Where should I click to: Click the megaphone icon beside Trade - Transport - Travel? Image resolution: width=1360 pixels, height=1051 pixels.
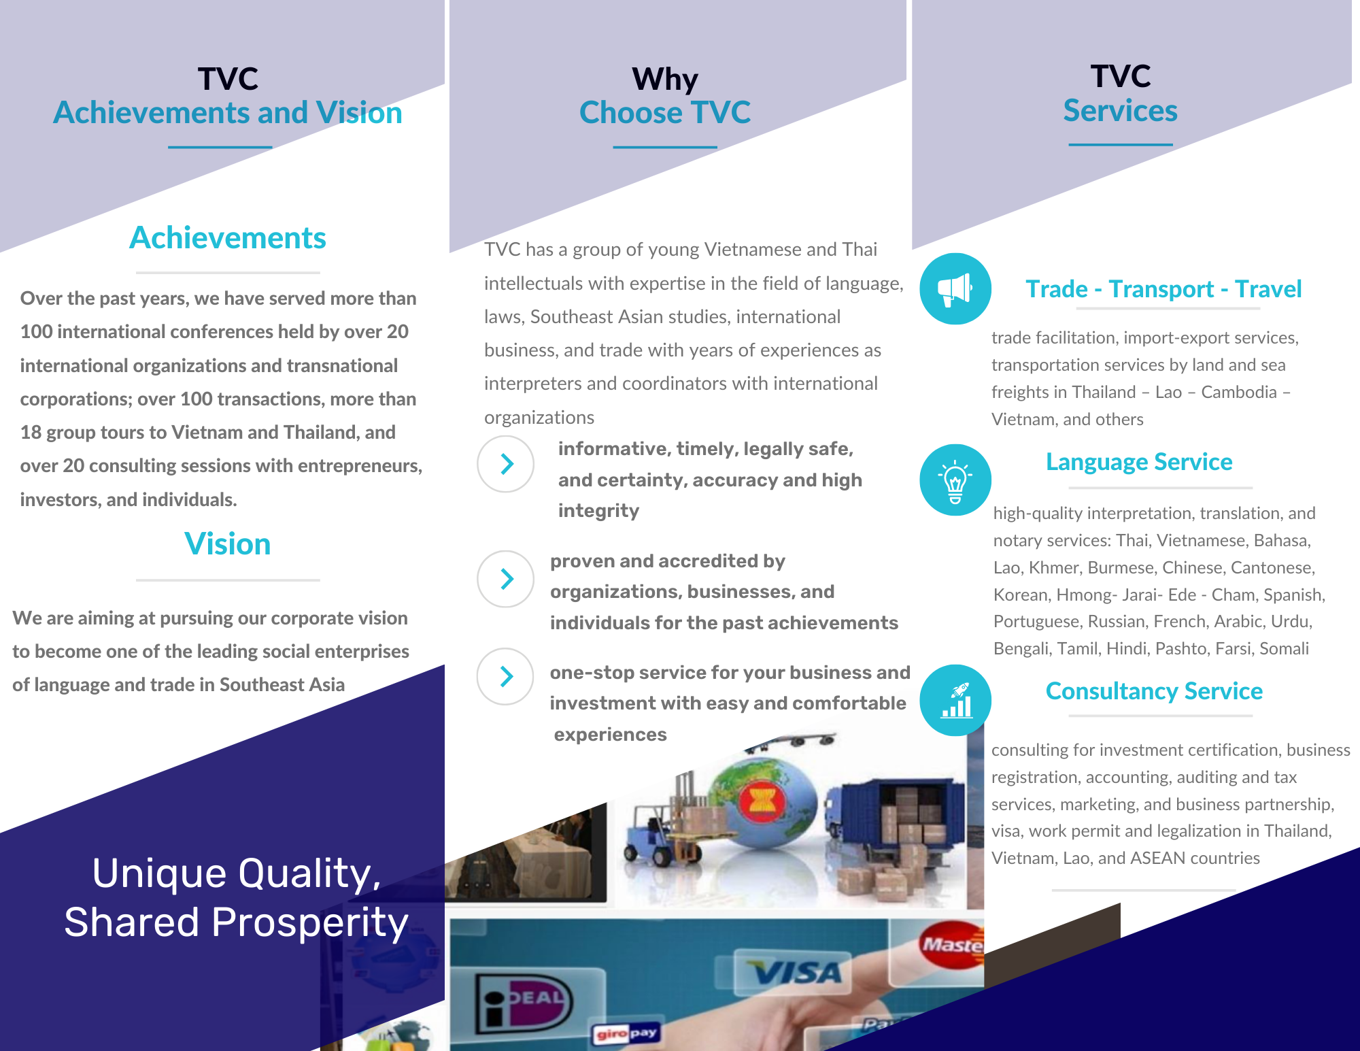pyautogui.click(x=955, y=288)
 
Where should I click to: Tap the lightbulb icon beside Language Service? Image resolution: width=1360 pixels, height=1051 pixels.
pyautogui.click(x=955, y=480)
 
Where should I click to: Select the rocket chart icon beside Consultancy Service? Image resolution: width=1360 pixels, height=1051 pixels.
pyautogui.click(x=955, y=700)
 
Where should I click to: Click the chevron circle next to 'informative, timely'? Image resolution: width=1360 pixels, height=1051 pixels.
pyautogui.click(x=506, y=464)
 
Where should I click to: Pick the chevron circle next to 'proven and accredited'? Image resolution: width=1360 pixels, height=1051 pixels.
pyautogui.click(x=506, y=579)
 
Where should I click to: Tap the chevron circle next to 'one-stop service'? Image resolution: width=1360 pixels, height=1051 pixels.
pyautogui.click(x=506, y=676)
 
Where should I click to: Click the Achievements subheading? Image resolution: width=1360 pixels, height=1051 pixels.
pyautogui.click(x=228, y=238)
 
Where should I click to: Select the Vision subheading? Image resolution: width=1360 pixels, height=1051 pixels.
pyautogui.click(x=228, y=544)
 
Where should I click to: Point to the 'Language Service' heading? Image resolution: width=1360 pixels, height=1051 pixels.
pyautogui.click(x=1139, y=462)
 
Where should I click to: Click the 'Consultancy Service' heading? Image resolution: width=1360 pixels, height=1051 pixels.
pyautogui.click(x=1154, y=691)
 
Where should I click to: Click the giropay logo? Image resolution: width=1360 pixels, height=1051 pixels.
pyautogui.click(x=626, y=1034)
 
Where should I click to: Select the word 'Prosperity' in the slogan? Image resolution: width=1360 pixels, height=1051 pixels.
pyautogui.click(x=310, y=923)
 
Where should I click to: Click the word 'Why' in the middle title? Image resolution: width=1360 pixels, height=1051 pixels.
pyautogui.click(x=665, y=79)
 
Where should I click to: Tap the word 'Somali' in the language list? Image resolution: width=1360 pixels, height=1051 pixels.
pyautogui.click(x=1284, y=648)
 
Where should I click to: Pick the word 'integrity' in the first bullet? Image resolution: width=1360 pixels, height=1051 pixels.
pyautogui.click(x=598, y=511)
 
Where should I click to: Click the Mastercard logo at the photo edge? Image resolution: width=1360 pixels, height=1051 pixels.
pyautogui.click(x=952, y=944)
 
